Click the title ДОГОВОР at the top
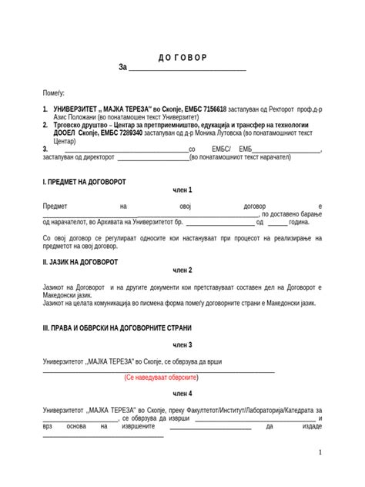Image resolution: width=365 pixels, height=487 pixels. [182, 58]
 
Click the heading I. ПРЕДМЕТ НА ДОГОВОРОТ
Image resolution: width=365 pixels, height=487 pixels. [84, 182]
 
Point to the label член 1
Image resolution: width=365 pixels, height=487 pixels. [182, 190]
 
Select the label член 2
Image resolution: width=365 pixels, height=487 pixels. [182, 270]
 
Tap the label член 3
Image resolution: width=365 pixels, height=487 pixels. [182, 344]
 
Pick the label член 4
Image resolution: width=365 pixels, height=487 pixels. [182, 394]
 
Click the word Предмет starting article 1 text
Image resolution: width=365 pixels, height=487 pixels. [55, 207]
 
